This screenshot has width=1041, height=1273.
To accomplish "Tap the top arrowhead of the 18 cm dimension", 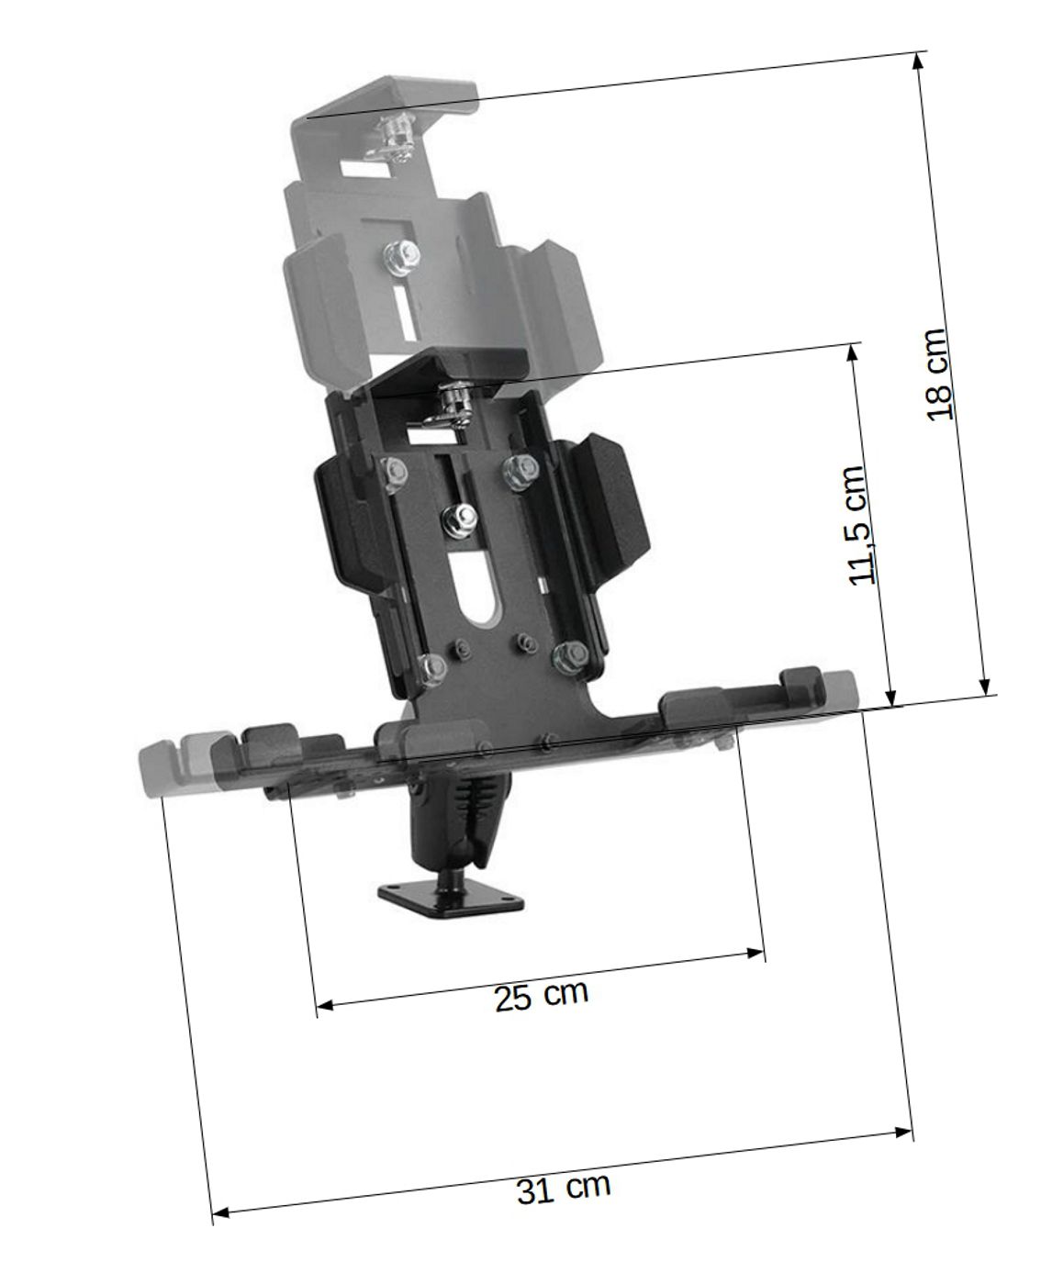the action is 918,61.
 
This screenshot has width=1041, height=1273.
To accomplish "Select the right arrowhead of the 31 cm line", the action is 904,1132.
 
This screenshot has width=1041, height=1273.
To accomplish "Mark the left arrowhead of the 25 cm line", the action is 325,1004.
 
